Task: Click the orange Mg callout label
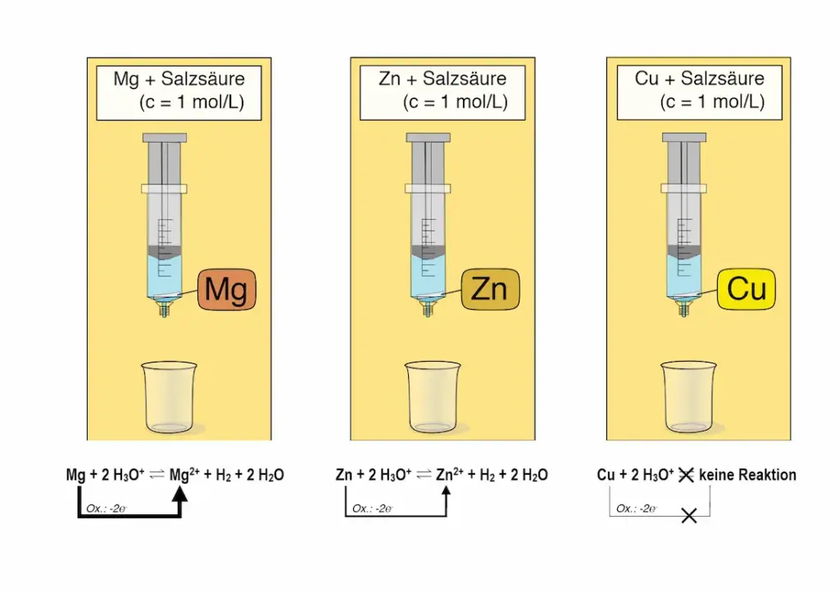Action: click(227, 290)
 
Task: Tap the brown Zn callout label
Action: click(490, 290)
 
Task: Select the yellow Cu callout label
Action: click(746, 290)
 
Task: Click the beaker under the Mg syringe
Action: click(169, 397)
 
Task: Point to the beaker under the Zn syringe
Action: click(432, 397)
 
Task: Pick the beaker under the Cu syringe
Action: click(688, 397)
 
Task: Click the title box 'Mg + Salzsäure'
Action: click(179, 91)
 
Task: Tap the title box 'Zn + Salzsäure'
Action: click(442, 91)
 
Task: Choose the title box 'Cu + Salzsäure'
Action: click(699, 91)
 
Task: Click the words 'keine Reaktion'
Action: click(747, 475)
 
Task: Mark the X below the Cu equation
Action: click(689, 516)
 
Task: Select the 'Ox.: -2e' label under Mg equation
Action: click(105, 509)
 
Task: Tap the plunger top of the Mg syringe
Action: click(164, 137)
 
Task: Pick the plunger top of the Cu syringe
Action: click(684, 137)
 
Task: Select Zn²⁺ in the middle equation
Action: click(449, 475)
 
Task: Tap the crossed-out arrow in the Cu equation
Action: click(686, 475)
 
